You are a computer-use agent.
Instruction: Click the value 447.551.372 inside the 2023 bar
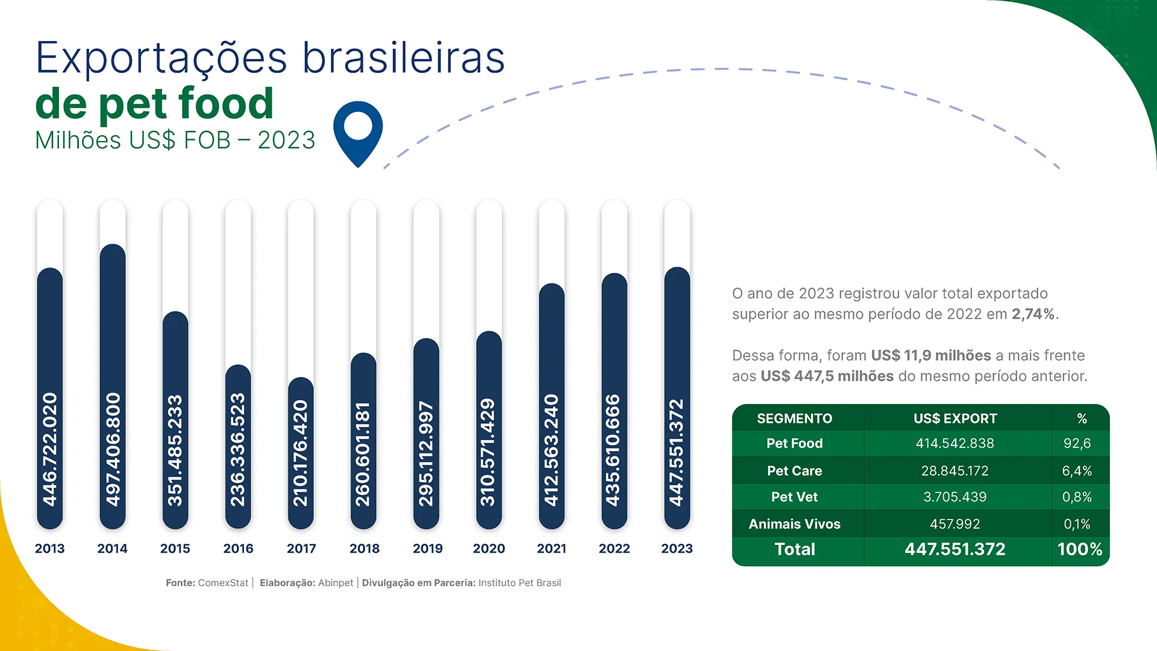click(677, 452)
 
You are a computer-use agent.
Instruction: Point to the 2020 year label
click(489, 549)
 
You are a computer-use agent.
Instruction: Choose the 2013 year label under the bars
click(49, 549)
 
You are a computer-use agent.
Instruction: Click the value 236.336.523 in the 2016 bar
click(238, 450)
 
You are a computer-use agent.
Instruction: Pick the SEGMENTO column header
click(794, 418)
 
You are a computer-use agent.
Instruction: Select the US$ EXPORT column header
click(955, 418)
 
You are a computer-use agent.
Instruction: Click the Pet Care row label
click(794, 471)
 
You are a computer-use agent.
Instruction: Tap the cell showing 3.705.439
click(955, 497)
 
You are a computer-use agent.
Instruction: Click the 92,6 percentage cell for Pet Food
click(1077, 444)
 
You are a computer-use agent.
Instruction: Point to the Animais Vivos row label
click(794, 524)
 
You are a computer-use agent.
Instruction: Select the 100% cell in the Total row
click(1079, 549)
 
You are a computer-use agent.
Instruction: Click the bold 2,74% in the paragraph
click(1033, 314)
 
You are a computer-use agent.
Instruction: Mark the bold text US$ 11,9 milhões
click(930, 356)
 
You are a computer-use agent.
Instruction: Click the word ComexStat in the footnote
click(223, 583)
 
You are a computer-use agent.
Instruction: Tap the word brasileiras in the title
click(403, 58)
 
